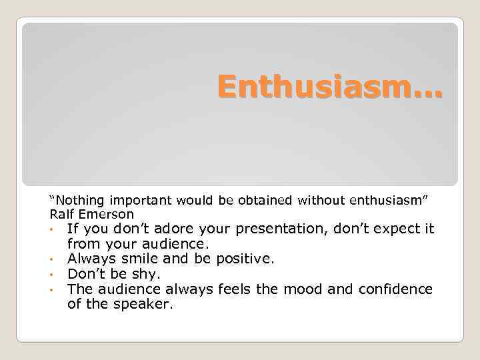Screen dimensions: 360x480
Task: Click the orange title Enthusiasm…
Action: (329, 88)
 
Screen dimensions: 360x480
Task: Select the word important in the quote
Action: (141, 199)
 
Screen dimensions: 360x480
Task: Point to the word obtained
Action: (262, 199)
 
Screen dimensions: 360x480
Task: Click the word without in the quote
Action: (315, 199)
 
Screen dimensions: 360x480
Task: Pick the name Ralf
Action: (62, 214)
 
